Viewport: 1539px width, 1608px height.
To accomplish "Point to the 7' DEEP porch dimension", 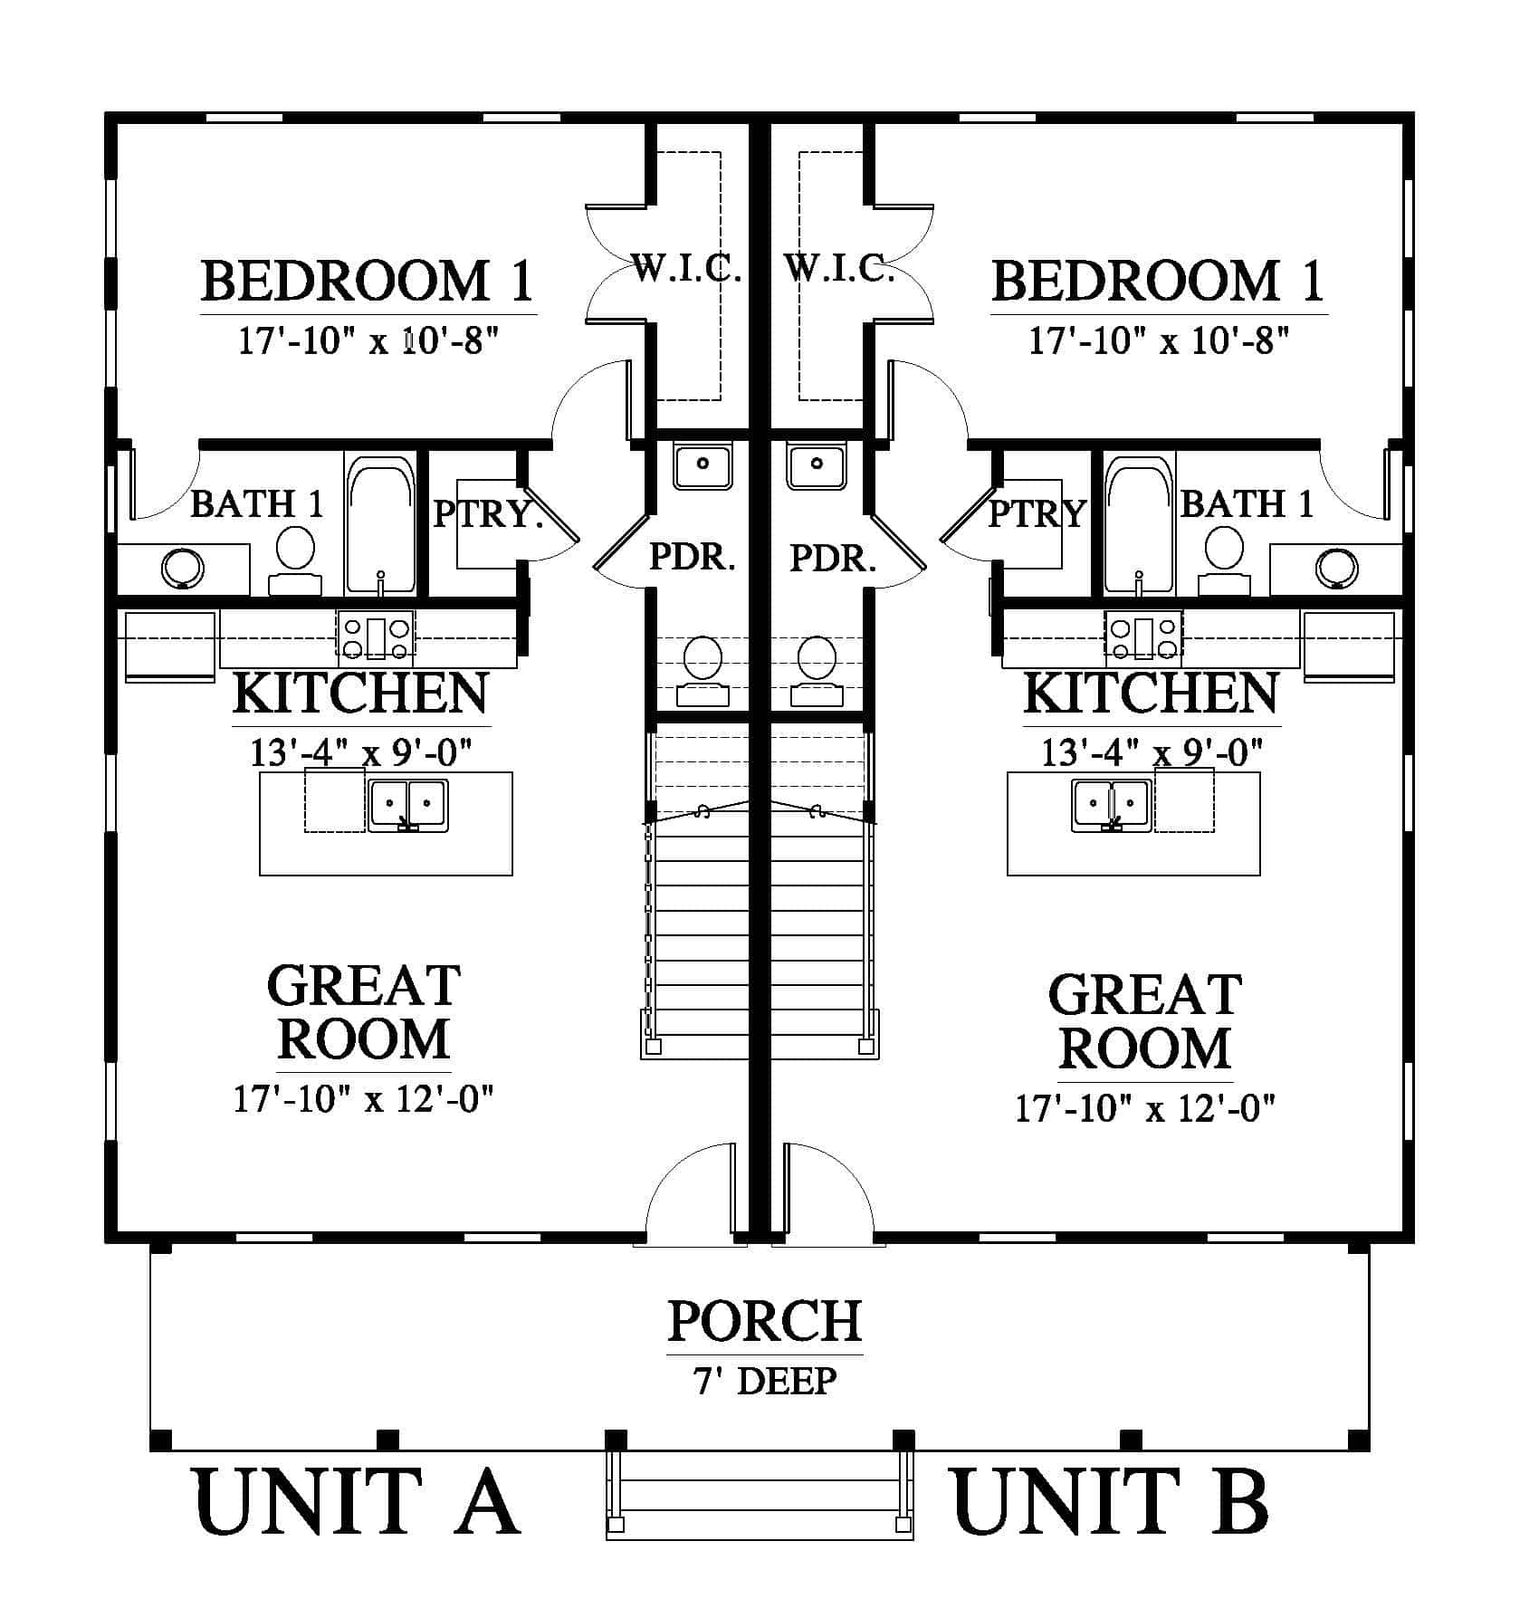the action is [x=765, y=1380].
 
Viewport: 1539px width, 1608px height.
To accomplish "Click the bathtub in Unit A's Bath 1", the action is [x=380, y=525].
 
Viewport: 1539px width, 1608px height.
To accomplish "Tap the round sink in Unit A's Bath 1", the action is [x=183, y=569].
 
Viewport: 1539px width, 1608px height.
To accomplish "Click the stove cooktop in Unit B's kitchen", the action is [x=1143, y=635].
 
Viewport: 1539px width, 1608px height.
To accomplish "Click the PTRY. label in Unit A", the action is [x=488, y=513].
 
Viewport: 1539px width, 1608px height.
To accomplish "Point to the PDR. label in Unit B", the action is [x=833, y=557].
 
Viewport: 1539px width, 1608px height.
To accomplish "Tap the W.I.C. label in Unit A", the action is [x=686, y=268].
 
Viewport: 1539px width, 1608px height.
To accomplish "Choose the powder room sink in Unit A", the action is [x=702, y=466].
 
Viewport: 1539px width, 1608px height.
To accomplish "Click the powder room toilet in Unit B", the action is [x=817, y=671].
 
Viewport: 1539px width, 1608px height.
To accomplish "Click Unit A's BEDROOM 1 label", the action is [x=367, y=281].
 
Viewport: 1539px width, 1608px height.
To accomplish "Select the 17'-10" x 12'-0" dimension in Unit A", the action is [x=364, y=1099].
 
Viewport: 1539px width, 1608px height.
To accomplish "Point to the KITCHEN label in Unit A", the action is [x=360, y=694].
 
